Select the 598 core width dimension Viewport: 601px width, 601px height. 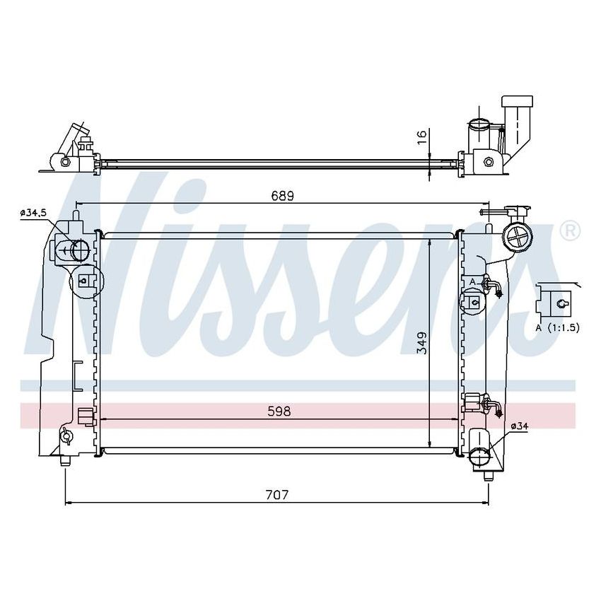[280, 411]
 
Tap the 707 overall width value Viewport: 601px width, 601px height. [278, 494]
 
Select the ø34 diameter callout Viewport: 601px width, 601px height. [518, 425]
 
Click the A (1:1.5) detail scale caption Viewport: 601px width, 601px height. [558, 327]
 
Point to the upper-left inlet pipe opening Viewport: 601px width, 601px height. [79, 250]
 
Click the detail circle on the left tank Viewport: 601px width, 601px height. [86, 281]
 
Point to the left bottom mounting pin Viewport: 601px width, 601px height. [65, 460]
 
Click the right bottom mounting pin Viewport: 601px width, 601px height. [486, 475]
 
